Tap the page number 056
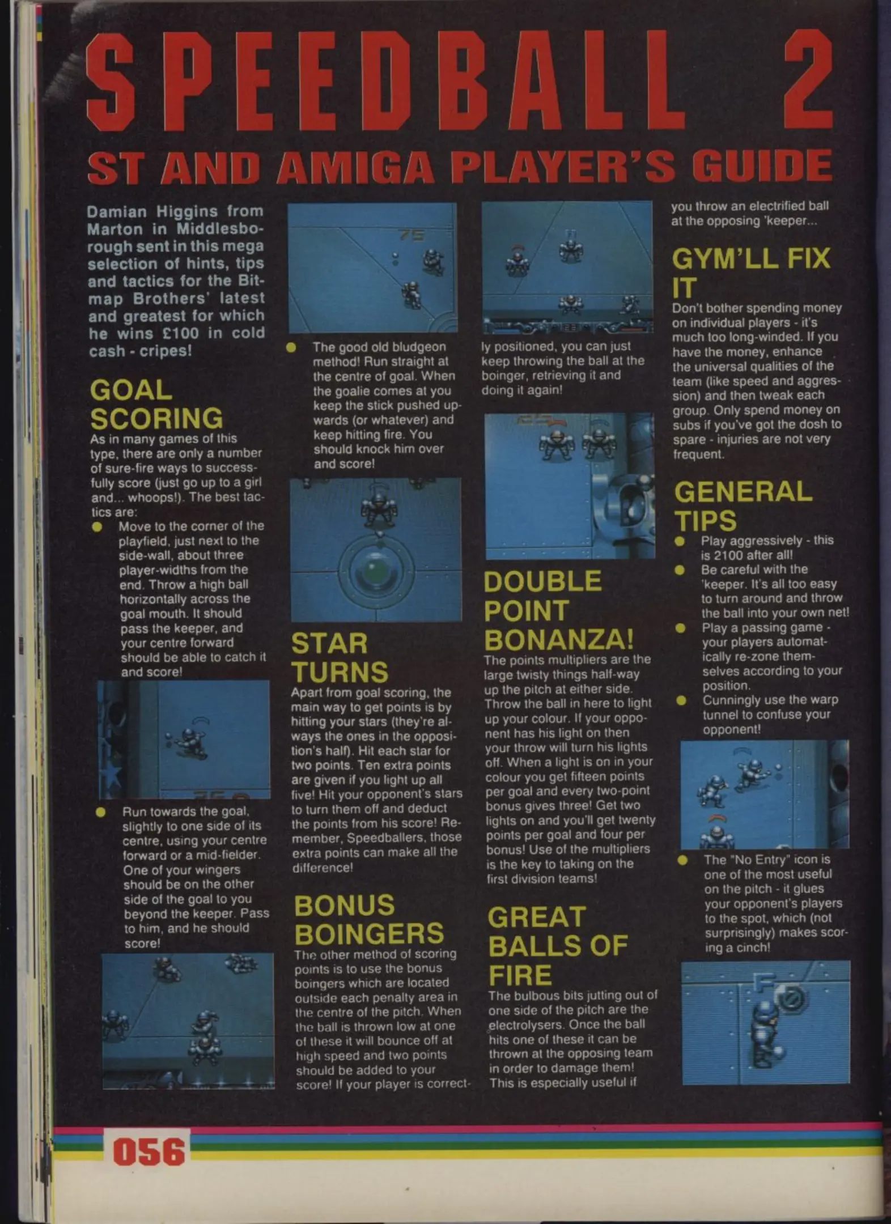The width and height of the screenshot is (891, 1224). [x=149, y=1152]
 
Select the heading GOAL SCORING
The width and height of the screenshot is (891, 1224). [x=156, y=404]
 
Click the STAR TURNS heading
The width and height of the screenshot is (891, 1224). [x=340, y=658]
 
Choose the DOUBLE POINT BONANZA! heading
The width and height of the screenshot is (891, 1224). [x=558, y=611]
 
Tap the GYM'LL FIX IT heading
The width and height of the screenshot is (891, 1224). [x=751, y=273]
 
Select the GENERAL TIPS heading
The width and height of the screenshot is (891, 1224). [x=743, y=505]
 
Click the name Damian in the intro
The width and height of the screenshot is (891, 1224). [x=116, y=212]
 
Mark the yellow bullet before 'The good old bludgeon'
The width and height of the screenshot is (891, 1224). [x=291, y=347]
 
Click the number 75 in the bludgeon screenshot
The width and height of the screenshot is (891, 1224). [x=411, y=235]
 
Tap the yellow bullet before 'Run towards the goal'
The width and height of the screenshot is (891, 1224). [x=100, y=812]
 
